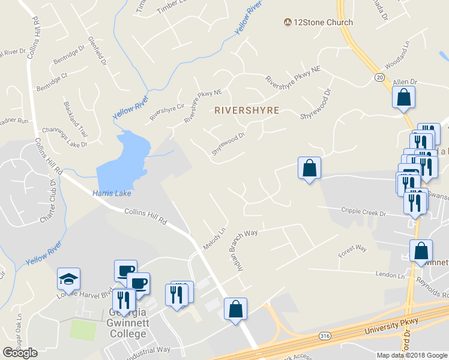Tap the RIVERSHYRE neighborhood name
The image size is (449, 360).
(x=247, y=110)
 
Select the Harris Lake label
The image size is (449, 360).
(x=112, y=193)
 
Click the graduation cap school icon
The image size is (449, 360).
(x=68, y=278)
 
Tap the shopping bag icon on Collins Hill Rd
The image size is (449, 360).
(x=236, y=310)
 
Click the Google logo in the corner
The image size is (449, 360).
(x=20, y=353)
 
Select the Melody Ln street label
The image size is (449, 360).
(x=214, y=239)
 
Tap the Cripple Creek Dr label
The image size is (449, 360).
(x=367, y=211)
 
